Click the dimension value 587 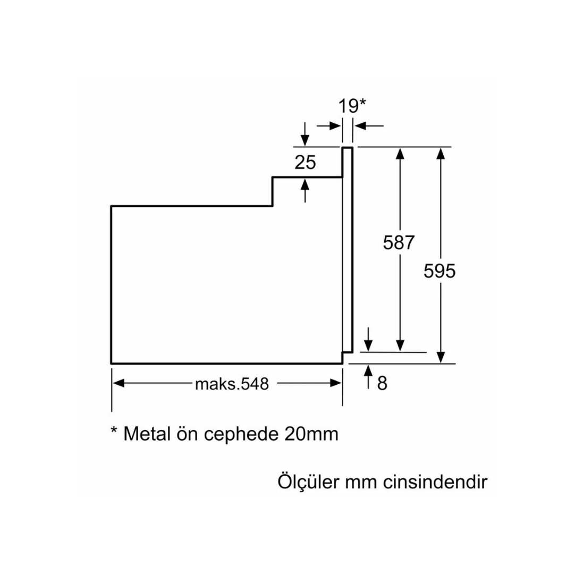[398, 243]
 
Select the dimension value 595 [440, 271]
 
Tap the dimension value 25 [305, 163]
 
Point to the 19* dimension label [352, 106]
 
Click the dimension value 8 [382, 383]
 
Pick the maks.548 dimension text [232, 384]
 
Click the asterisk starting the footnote [114, 430]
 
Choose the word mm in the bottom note [361, 483]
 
